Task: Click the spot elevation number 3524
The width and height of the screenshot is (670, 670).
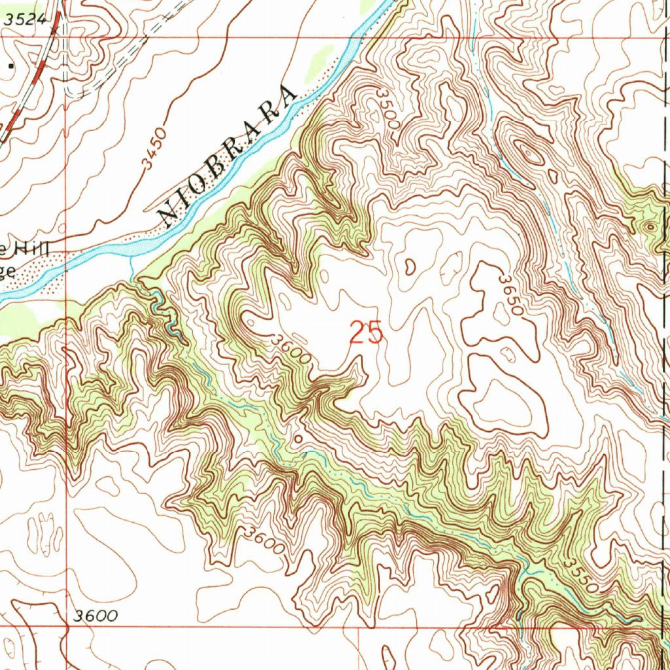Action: tap(26, 20)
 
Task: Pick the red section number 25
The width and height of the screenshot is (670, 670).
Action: tap(366, 332)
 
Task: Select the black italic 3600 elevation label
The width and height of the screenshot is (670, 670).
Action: tap(96, 616)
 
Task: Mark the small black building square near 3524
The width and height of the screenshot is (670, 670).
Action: tap(10, 66)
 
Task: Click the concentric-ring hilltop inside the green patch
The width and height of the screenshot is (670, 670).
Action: tap(649, 226)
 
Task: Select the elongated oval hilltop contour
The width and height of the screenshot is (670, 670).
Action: tap(528, 152)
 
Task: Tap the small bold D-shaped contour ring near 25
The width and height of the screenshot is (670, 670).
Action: tap(410, 266)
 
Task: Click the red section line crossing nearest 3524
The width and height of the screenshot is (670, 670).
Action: tap(65, 37)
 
